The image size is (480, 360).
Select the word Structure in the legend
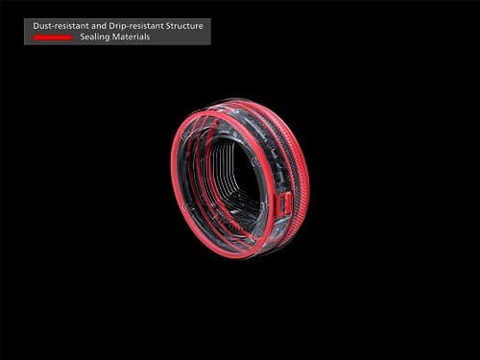pos(183,26)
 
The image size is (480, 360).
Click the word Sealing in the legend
pos(98,37)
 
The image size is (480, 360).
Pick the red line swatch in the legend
pos(52,37)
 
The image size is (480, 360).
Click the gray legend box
pos(117,32)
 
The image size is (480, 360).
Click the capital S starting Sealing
pos(85,37)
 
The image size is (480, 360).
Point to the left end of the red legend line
pos(34,37)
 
